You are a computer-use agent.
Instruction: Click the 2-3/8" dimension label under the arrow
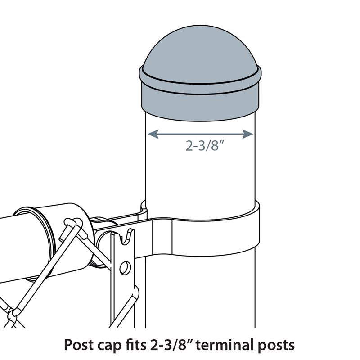(x=205, y=146)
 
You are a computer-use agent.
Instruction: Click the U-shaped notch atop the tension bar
(x=127, y=235)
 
